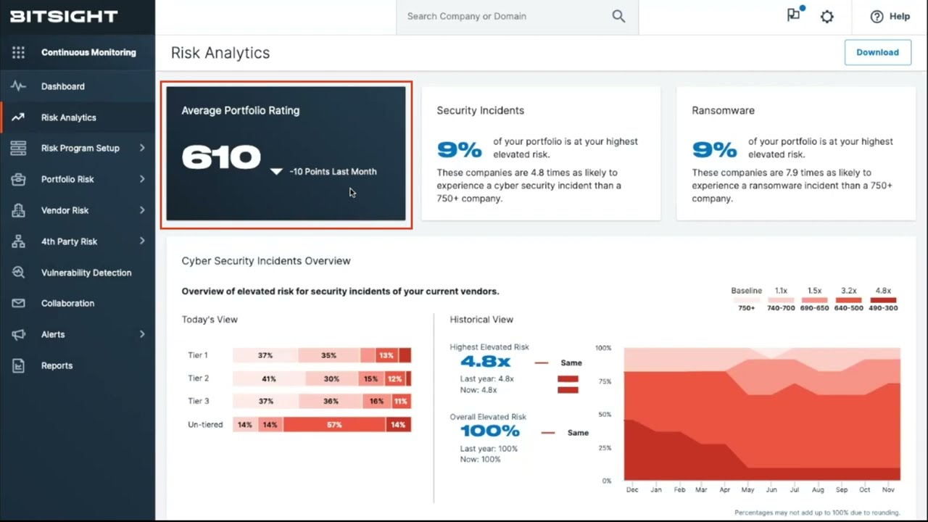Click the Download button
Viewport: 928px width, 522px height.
[877, 52]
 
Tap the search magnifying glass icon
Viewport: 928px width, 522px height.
[618, 16]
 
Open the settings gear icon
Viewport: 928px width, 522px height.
[827, 16]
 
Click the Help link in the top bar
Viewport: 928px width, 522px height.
[891, 16]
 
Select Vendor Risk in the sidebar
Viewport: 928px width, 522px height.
[65, 210]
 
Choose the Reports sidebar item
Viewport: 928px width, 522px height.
[57, 365]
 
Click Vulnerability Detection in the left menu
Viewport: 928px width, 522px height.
[86, 273]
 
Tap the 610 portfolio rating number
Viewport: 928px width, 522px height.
[221, 157]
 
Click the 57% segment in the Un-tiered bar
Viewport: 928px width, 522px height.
[333, 425]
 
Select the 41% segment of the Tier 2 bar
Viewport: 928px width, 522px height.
[269, 378]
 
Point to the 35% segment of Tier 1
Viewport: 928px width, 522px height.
[328, 355]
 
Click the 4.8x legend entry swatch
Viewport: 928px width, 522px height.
[883, 300]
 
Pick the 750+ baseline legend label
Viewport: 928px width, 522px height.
[746, 308]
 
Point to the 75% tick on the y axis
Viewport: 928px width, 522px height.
[603, 381]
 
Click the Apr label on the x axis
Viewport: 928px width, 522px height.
[724, 490]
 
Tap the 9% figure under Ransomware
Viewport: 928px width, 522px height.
[715, 150]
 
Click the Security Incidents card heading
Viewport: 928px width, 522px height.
[480, 110]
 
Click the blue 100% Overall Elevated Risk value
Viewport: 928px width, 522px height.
[490, 431]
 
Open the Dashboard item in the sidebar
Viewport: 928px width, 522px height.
[63, 86]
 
